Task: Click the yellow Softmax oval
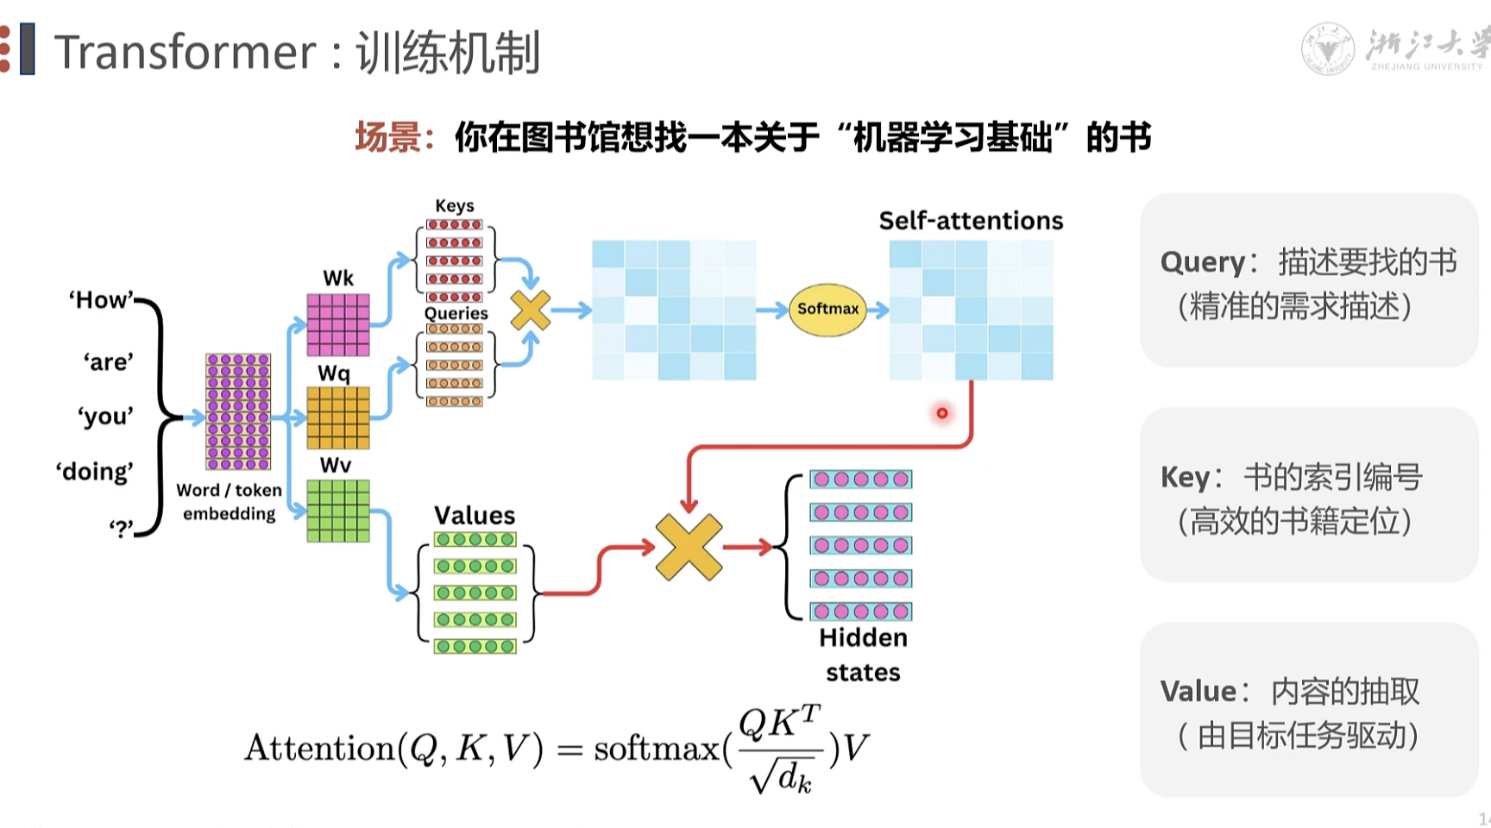pos(827,309)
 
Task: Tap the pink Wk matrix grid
pos(338,324)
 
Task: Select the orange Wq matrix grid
pos(338,417)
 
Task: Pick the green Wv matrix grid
pos(338,511)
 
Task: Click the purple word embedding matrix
pos(238,411)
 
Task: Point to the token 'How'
pos(102,300)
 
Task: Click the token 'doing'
pos(95,472)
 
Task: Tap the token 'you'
pos(106,417)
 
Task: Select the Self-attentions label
pos(971,221)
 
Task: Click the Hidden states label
pos(863,655)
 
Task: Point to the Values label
pos(475,516)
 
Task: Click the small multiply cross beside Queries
pos(530,310)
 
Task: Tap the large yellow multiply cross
pos(689,547)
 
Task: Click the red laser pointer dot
pos(942,413)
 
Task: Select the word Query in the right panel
pos(1203,262)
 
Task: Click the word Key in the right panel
pos(1186,477)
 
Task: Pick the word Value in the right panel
pos(1198,692)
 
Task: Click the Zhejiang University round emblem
pos(1327,49)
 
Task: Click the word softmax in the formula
pos(657,748)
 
